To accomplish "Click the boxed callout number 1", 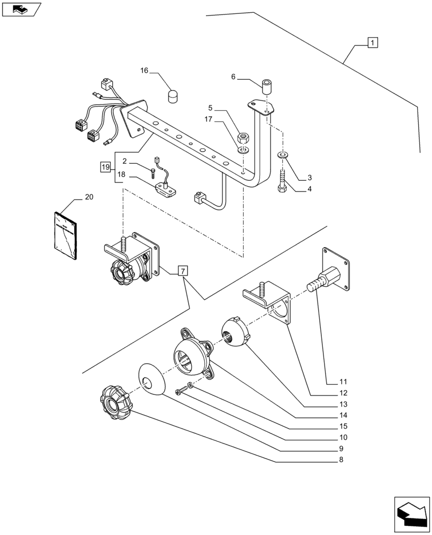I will (372, 42).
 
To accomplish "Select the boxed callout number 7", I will (182, 271).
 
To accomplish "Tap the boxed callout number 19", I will (105, 167).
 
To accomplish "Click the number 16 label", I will (145, 71).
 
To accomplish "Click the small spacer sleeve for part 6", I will (267, 86).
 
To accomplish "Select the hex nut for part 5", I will (242, 137).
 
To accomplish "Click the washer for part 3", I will (282, 155).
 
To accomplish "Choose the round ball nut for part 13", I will (235, 331).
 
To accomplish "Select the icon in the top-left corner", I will (21, 9).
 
